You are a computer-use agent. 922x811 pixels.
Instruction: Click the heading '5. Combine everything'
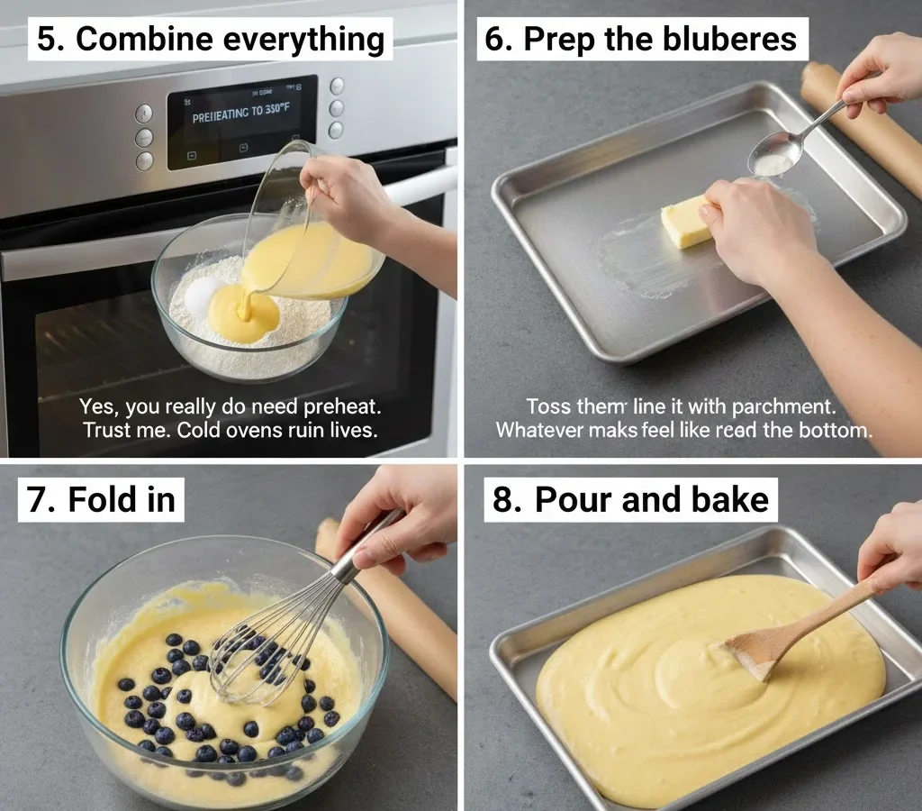210,40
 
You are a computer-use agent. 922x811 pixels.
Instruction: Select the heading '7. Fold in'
101,499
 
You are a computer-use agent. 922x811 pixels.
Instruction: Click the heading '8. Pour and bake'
630,499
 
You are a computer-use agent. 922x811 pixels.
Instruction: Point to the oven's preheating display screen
241,122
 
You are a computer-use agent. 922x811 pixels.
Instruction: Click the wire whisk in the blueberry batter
270,649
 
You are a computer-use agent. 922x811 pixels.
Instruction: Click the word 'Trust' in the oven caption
106,431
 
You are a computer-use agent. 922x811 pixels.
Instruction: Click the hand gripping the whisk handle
396,523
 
